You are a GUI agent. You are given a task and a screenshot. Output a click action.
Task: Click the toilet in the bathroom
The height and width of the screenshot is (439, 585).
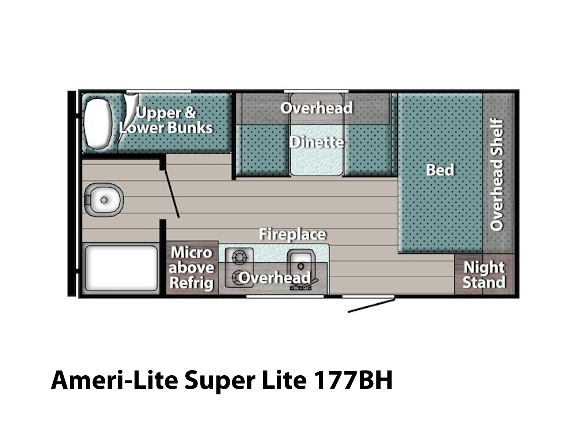pos(104,199)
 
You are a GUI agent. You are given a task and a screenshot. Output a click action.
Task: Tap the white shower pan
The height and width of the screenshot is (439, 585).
pos(121,268)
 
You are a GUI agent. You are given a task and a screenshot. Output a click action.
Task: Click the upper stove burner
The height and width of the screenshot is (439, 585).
pos(239,257)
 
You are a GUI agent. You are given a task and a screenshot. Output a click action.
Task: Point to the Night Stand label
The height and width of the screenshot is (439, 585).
pos(484,275)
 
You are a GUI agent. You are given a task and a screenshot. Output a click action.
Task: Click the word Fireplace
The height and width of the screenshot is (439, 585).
pos(292,234)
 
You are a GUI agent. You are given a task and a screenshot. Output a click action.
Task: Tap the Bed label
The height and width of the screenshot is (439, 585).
pos(440,170)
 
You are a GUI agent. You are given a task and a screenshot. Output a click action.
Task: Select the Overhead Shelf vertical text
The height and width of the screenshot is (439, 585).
pos(497,175)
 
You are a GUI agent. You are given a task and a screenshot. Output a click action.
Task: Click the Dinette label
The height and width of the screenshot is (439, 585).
pos(316,142)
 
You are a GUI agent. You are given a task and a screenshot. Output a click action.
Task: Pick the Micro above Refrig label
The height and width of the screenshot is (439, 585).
pos(191,268)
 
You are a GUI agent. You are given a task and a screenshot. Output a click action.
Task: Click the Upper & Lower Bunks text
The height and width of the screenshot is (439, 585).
pos(166,120)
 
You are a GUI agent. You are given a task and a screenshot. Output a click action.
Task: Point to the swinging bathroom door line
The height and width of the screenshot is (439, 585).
pos(171,194)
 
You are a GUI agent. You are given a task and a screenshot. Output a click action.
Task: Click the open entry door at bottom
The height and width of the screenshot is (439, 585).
pos(371,306)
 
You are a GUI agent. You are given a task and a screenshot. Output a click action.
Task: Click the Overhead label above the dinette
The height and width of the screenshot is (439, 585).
pos(316,108)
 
